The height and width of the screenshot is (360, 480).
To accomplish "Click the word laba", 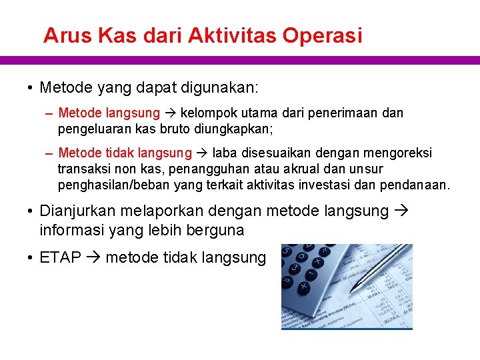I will click(225, 153).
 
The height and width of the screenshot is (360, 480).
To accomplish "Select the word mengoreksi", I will click(396, 153).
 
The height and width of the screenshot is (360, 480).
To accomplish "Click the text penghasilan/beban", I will click(113, 185).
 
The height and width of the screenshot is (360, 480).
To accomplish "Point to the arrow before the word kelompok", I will click(170, 113).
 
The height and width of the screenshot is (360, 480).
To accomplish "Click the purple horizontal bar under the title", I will click(240, 60).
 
